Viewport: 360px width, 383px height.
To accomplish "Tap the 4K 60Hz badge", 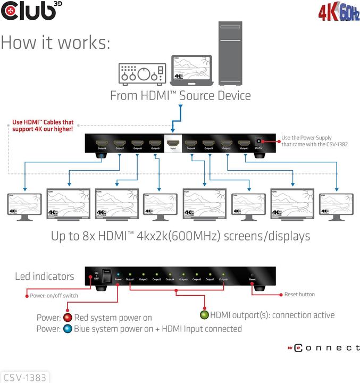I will tap(339, 12).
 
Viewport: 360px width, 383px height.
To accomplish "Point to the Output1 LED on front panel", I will tap(130, 275).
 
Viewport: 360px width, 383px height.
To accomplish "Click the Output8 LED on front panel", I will tap(224, 275).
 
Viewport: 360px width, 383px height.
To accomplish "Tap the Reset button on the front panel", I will tap(253, 275).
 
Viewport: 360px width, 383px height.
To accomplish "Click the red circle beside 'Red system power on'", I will tap(68, 318).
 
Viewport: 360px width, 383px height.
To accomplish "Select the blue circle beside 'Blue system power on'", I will tap(68, 329).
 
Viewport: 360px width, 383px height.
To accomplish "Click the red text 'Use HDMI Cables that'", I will tap(43, 122).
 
